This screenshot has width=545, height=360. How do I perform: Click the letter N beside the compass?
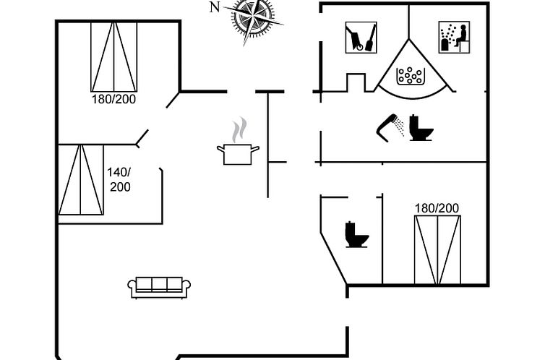pos(214,7)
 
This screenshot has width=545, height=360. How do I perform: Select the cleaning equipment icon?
pos(360,37)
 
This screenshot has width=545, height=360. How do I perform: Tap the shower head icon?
pos(391,124)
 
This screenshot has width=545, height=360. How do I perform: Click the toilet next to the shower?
pos(420,127)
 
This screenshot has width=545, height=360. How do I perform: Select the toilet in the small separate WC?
pos(356,235)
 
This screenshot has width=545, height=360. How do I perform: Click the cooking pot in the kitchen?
pos(238,153)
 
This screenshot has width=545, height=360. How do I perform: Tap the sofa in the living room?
pos(159,288)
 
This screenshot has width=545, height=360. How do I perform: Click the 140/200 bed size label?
pos(119,179)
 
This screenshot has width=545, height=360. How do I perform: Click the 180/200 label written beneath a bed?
pos(113,99)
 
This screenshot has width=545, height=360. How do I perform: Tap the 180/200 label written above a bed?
pos(437,208)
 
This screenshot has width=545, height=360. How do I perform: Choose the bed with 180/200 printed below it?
pos(113,56)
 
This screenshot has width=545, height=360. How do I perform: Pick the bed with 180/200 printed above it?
pos(437,249)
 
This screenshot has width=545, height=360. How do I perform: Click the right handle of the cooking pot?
pos(255,149)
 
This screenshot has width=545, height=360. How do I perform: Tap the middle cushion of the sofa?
pos(159,283)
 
